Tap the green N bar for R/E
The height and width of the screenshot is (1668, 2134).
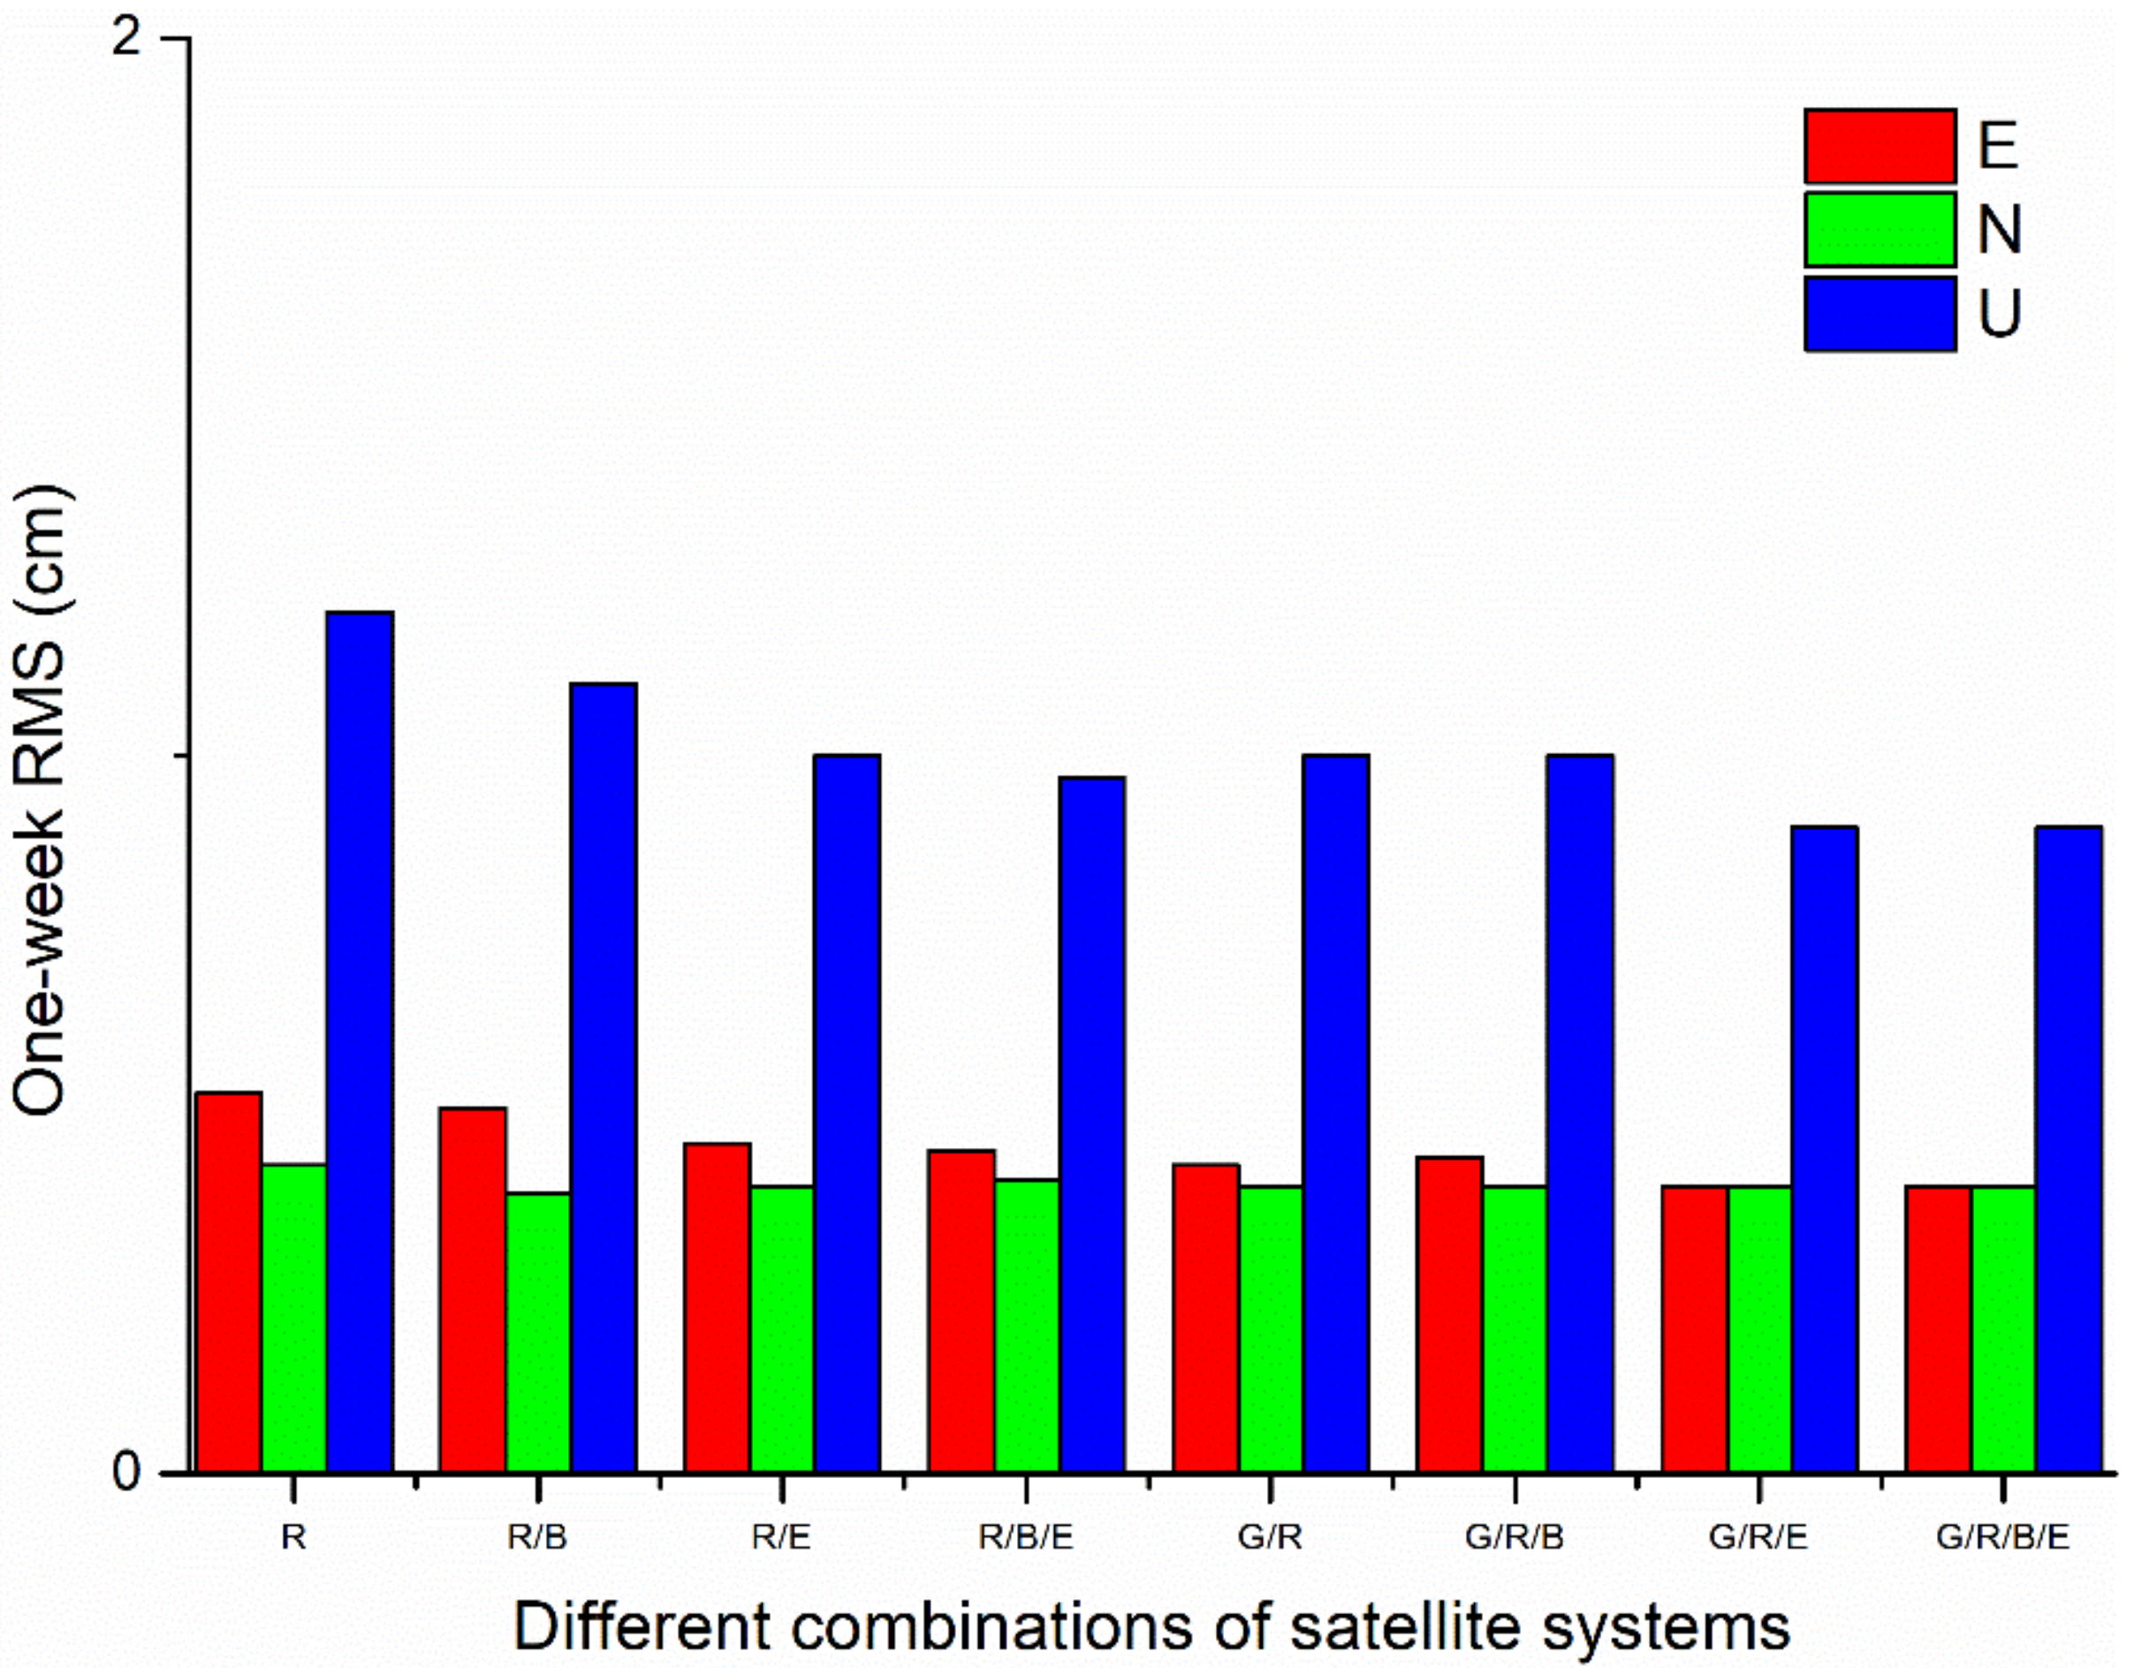tap(782, 1328)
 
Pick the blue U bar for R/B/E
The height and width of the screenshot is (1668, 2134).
tap(1092, 1123)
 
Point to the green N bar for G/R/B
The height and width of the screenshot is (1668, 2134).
tap(1515, 1328)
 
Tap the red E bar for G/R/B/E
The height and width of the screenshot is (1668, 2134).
tap(1939, 1328)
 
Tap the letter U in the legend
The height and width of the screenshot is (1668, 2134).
tap(1999, 315)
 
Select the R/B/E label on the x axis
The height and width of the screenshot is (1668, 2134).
tap(1026, 1538)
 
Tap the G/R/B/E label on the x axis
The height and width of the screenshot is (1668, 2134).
tap(2003, 1538)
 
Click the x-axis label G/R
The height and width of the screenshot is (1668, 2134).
tap(1271, 1538)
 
